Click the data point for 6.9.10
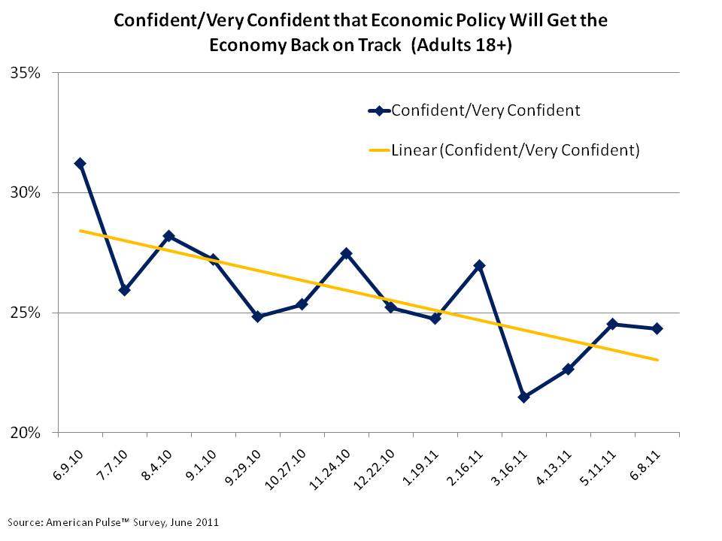point(80,163)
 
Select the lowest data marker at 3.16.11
point(523,397)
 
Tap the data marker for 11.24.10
point(346,253)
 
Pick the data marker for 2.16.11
point(479,265)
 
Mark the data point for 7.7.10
point(124,289)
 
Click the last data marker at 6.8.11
point(657,328)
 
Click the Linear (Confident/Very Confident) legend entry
point(515,150)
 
